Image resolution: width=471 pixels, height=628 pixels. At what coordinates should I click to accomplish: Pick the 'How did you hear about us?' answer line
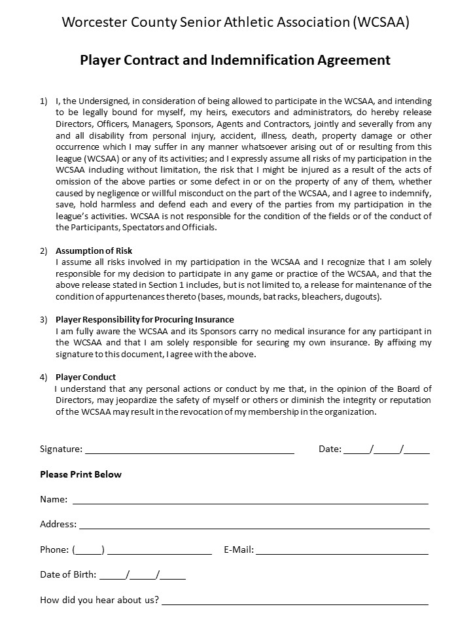tap(295, 602)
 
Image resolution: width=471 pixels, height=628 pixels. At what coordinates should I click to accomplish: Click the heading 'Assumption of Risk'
tap(94, 251)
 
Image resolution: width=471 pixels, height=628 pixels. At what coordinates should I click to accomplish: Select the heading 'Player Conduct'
tap(86, 377)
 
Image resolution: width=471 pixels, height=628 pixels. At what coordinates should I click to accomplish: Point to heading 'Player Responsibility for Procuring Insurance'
tap(145, 319)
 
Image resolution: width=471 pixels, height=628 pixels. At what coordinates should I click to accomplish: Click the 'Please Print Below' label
tap(81, 474)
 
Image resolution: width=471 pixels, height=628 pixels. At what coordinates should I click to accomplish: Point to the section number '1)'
tap(44, 101)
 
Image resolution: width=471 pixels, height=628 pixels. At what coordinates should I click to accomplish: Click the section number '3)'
tap(44, 319)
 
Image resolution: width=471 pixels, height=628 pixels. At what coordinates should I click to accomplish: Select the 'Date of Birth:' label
tap(68, 575)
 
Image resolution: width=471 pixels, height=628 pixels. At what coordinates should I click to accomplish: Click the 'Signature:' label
tap(61, 449)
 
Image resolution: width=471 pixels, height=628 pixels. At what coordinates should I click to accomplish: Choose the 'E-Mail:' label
tap(239, 550)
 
